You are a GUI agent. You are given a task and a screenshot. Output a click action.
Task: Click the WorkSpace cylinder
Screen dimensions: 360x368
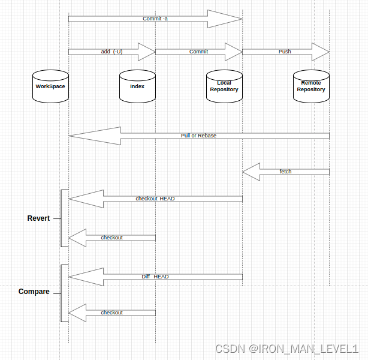click(x=50, y=86)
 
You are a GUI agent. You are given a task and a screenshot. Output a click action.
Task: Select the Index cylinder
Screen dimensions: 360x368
click(x=137, y=86)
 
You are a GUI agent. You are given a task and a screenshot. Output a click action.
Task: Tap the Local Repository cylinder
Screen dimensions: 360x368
click(x=224, y=86)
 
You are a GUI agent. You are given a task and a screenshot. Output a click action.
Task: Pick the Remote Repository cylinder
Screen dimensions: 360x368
click(x=311, y=86)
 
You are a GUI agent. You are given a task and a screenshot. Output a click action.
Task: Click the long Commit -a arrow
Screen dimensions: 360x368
click(x=155, y=19)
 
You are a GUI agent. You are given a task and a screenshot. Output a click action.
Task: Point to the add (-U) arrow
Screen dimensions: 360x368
click(x=111, y=52)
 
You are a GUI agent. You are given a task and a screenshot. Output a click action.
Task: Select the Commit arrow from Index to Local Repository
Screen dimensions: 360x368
click(x=198, y=52)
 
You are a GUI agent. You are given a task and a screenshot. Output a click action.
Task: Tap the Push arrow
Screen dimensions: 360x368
click(x=285, y=52)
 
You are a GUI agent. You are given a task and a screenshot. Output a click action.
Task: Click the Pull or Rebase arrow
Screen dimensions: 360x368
click(x=198, y=136)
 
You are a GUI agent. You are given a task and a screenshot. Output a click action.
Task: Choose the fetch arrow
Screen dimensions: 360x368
click(x=286, y=172)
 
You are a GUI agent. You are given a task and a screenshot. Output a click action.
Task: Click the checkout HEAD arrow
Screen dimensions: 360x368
click(x=155, y=199)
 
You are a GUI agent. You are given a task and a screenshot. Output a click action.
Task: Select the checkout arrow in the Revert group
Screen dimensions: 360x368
click(x=112, y=238)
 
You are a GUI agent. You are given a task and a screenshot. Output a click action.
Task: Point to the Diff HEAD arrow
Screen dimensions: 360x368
click(x=155, y=277)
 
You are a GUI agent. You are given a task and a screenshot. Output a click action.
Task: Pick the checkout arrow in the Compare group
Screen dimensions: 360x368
click(x=112, y=313)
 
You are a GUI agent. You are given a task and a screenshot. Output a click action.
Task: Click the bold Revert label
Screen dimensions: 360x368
click(x=38, y=218)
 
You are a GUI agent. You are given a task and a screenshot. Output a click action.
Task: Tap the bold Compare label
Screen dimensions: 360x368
click(x=34, y=292)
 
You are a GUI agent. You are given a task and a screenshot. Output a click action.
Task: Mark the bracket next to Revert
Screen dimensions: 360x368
click(x=62, y=218)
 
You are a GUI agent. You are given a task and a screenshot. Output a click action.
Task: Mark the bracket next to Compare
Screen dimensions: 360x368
click(x=62, y=293)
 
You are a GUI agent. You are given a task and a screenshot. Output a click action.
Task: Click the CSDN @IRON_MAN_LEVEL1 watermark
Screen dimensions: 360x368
click(x=286, y=349)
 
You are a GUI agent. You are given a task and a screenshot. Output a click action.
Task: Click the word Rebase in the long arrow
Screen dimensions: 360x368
click(x=207, y=136)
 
